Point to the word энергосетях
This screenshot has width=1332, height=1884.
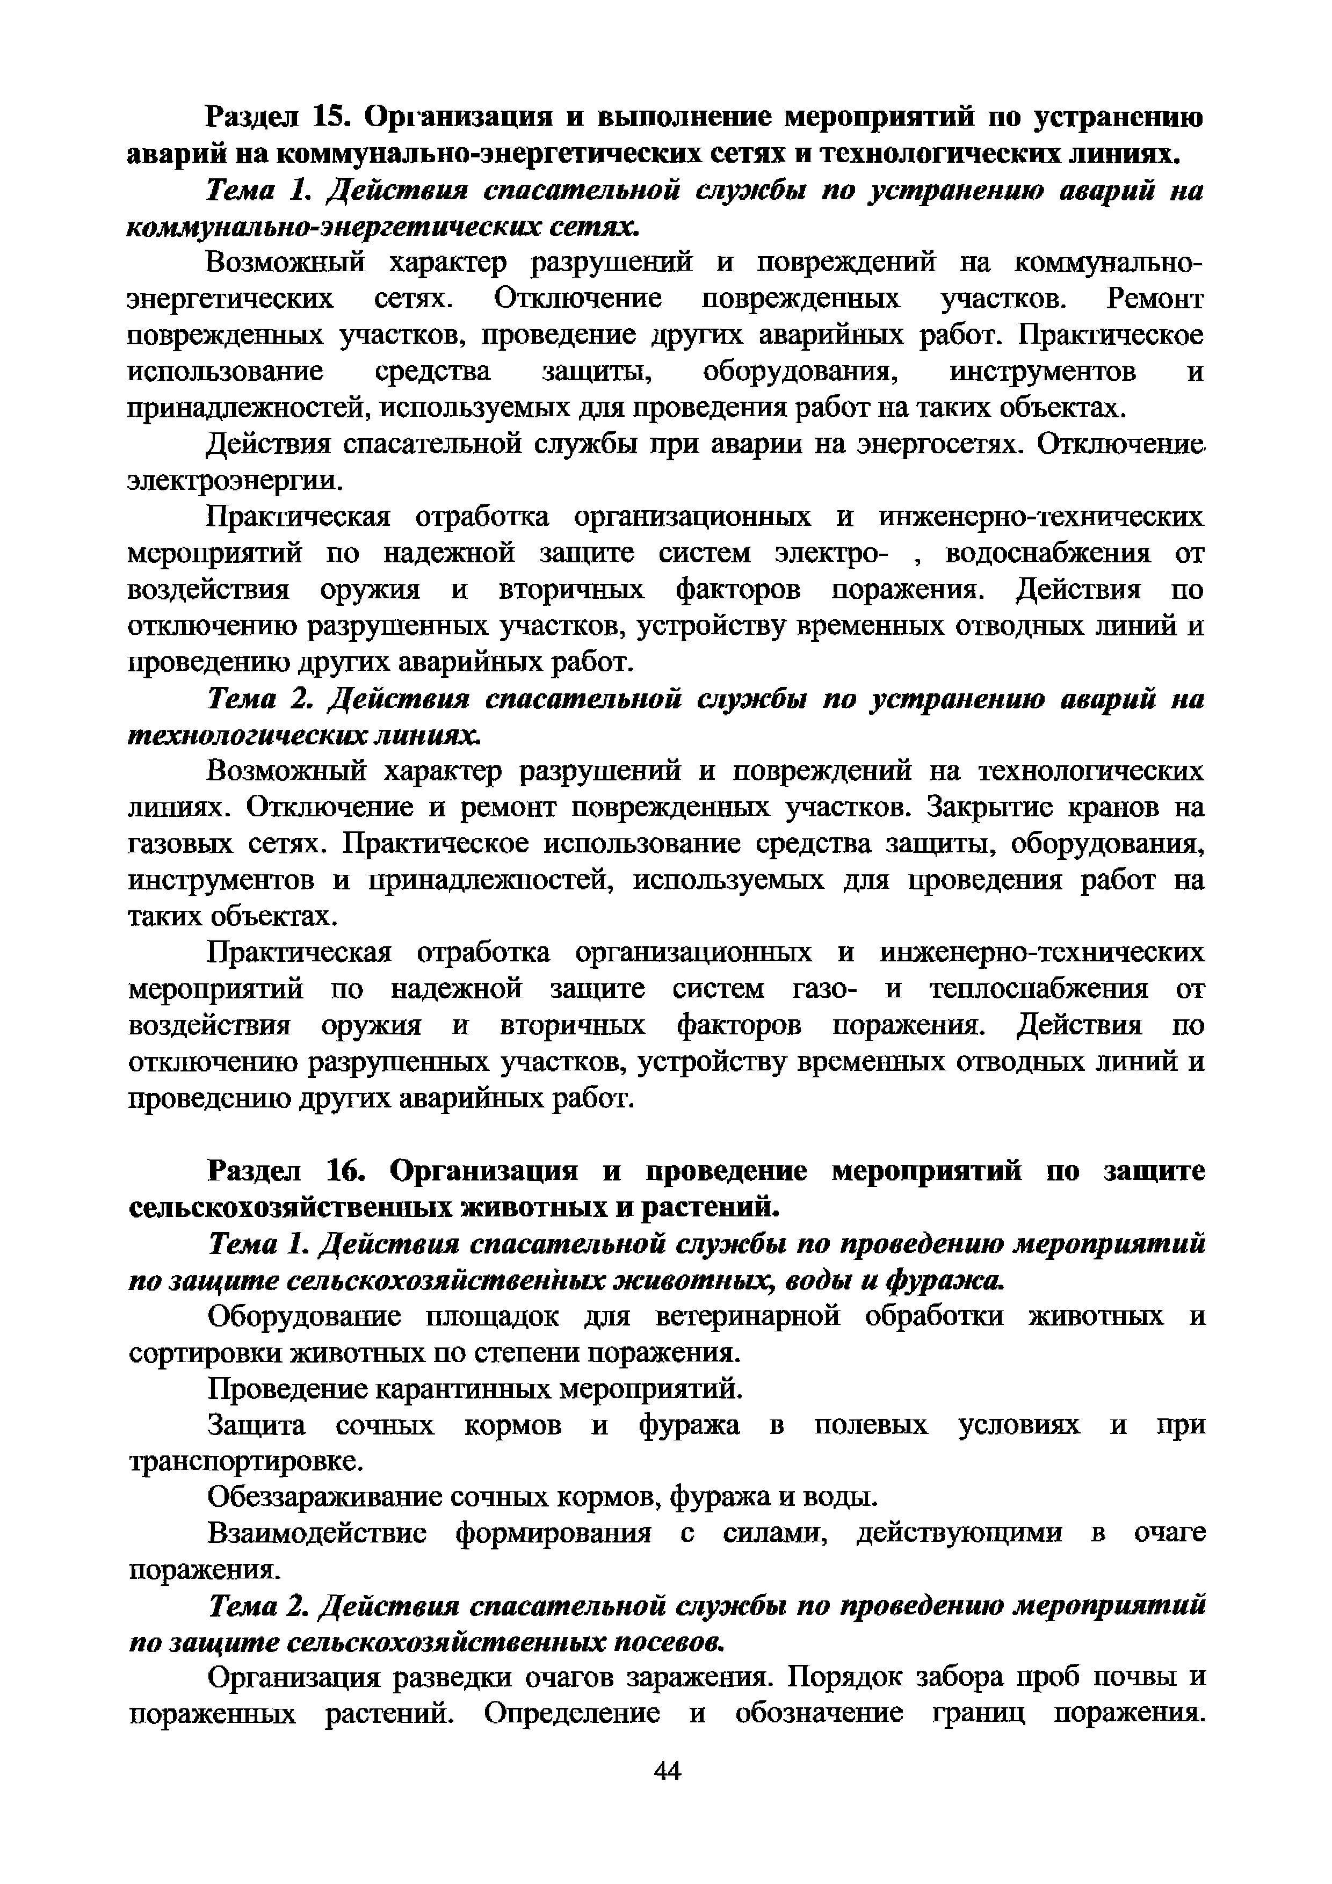(x=936, y=444)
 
